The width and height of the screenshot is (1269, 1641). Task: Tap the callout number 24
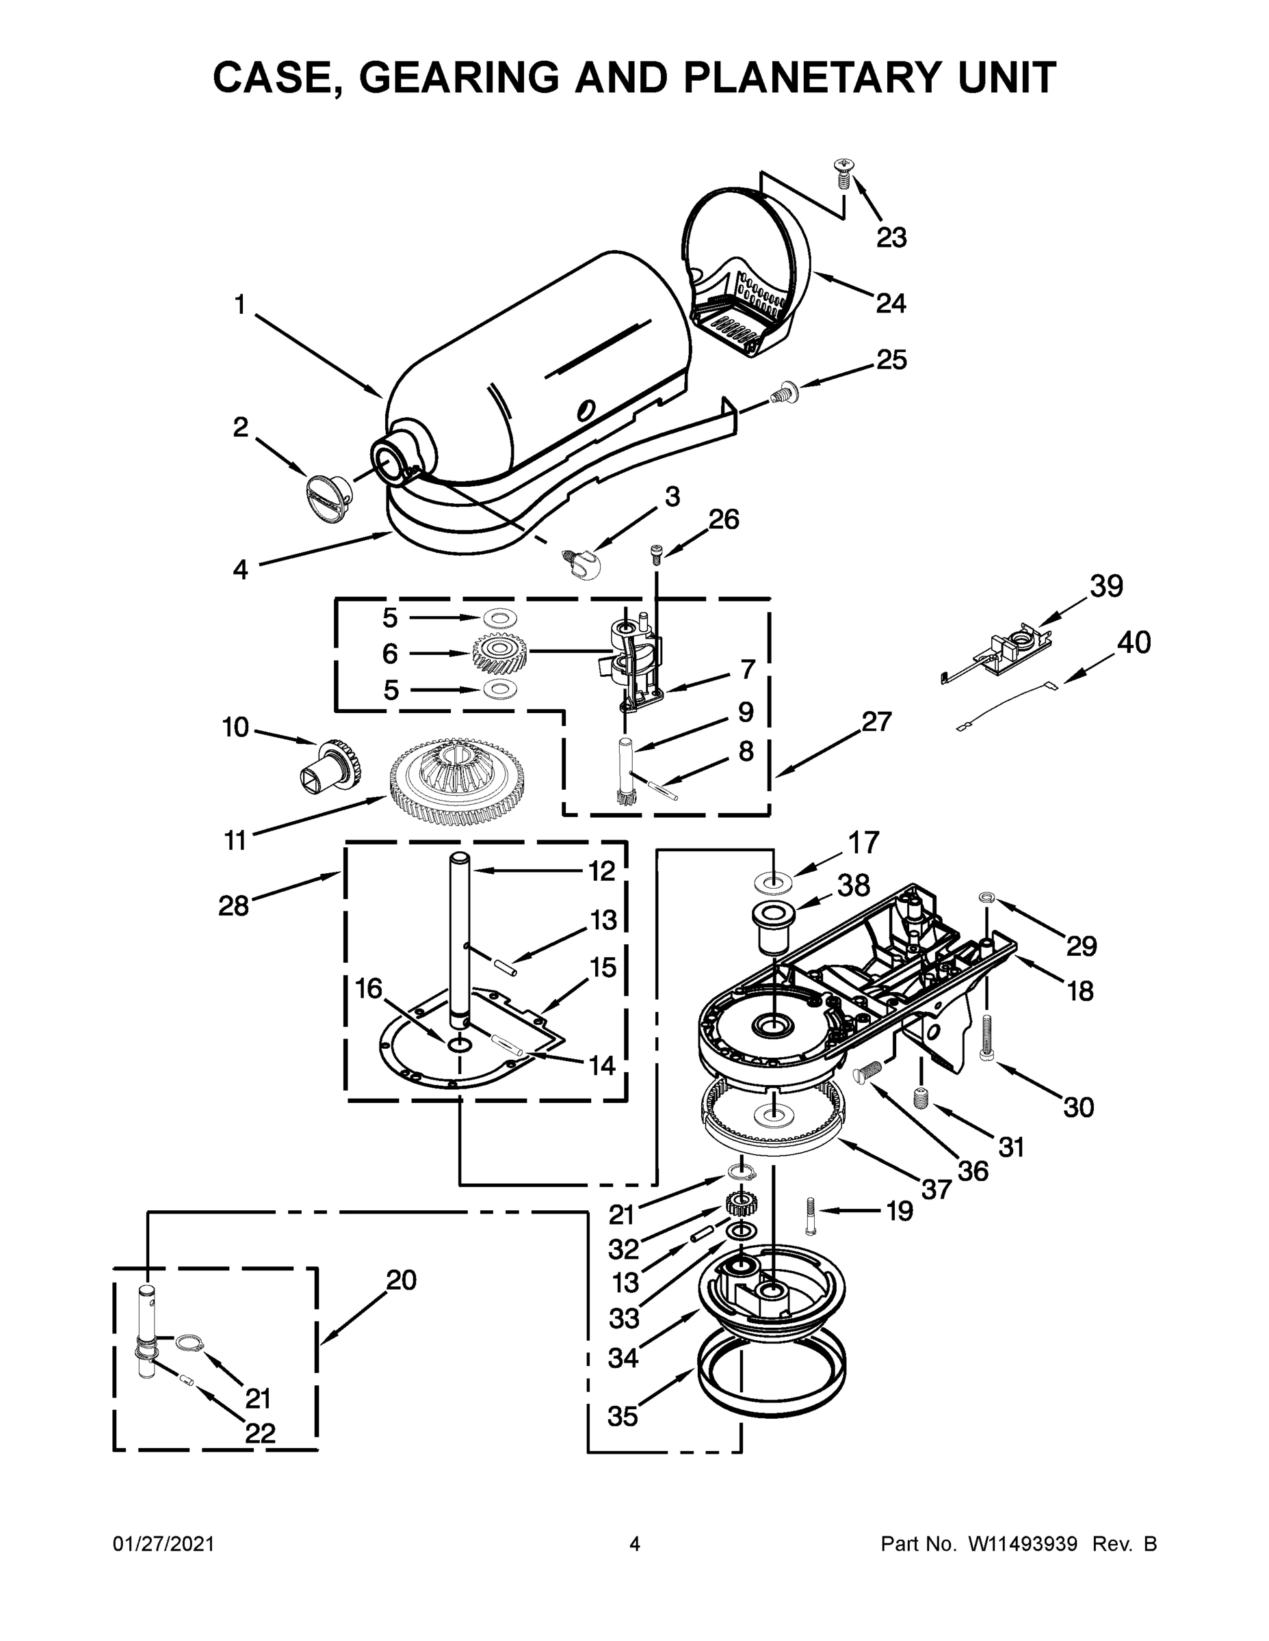(891, 304)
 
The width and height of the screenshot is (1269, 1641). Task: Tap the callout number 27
(876, 721)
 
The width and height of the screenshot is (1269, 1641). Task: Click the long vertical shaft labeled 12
(459, 939)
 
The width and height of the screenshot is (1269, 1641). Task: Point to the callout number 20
(401, 1279)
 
